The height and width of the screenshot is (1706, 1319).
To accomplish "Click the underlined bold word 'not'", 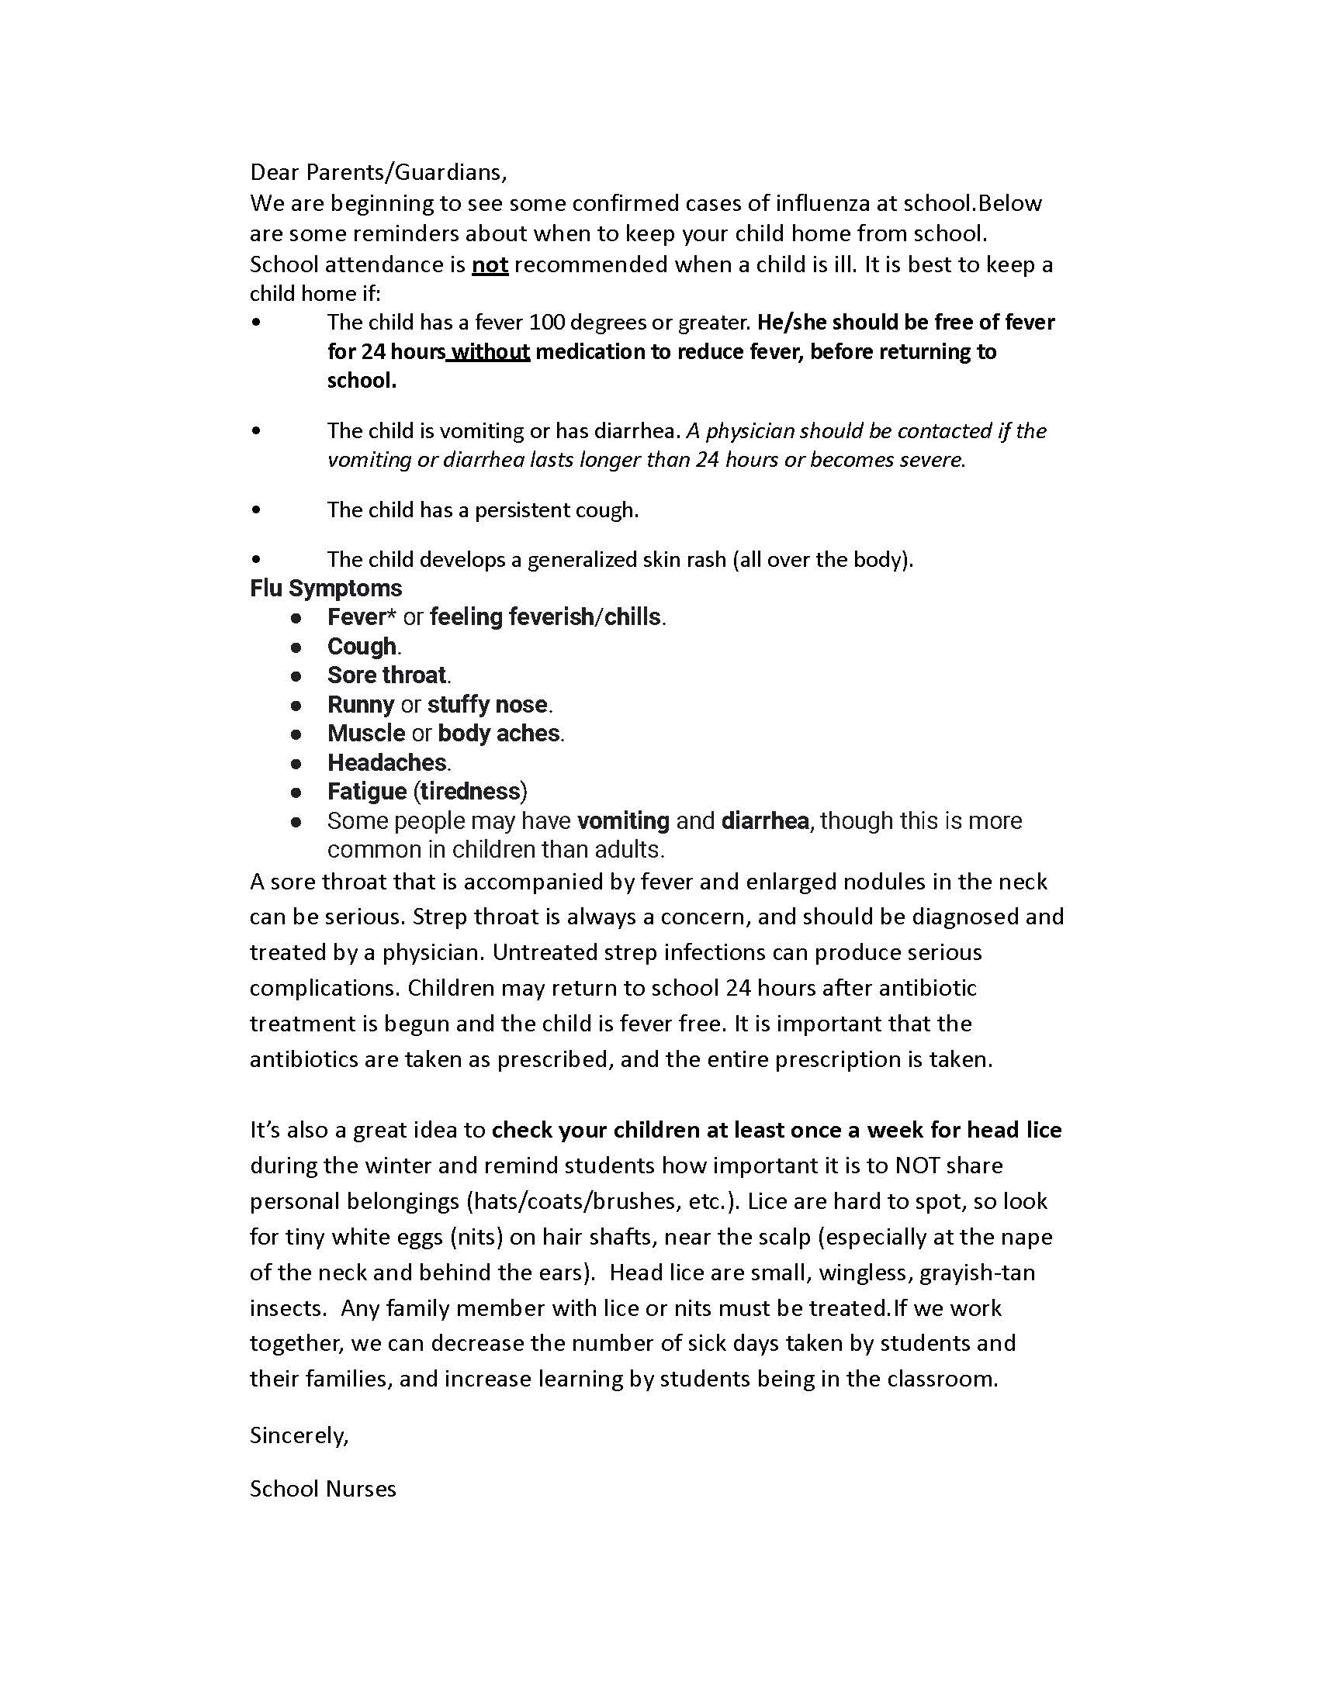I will pyautogui.click(x=490, y=264).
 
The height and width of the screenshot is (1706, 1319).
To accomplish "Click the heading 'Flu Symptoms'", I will pyautogui.click(x=326, y=589).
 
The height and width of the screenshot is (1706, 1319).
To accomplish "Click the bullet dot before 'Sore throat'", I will pyautogui.click(x=296, y=675).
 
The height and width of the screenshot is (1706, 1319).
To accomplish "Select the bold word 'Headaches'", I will pyautogui.click(x=387, y=762).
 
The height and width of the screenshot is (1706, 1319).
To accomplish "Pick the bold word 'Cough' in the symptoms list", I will pyautogui.click(x=362, y=647).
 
